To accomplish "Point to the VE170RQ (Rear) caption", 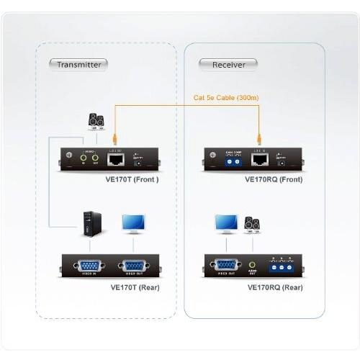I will coord(274,287).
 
